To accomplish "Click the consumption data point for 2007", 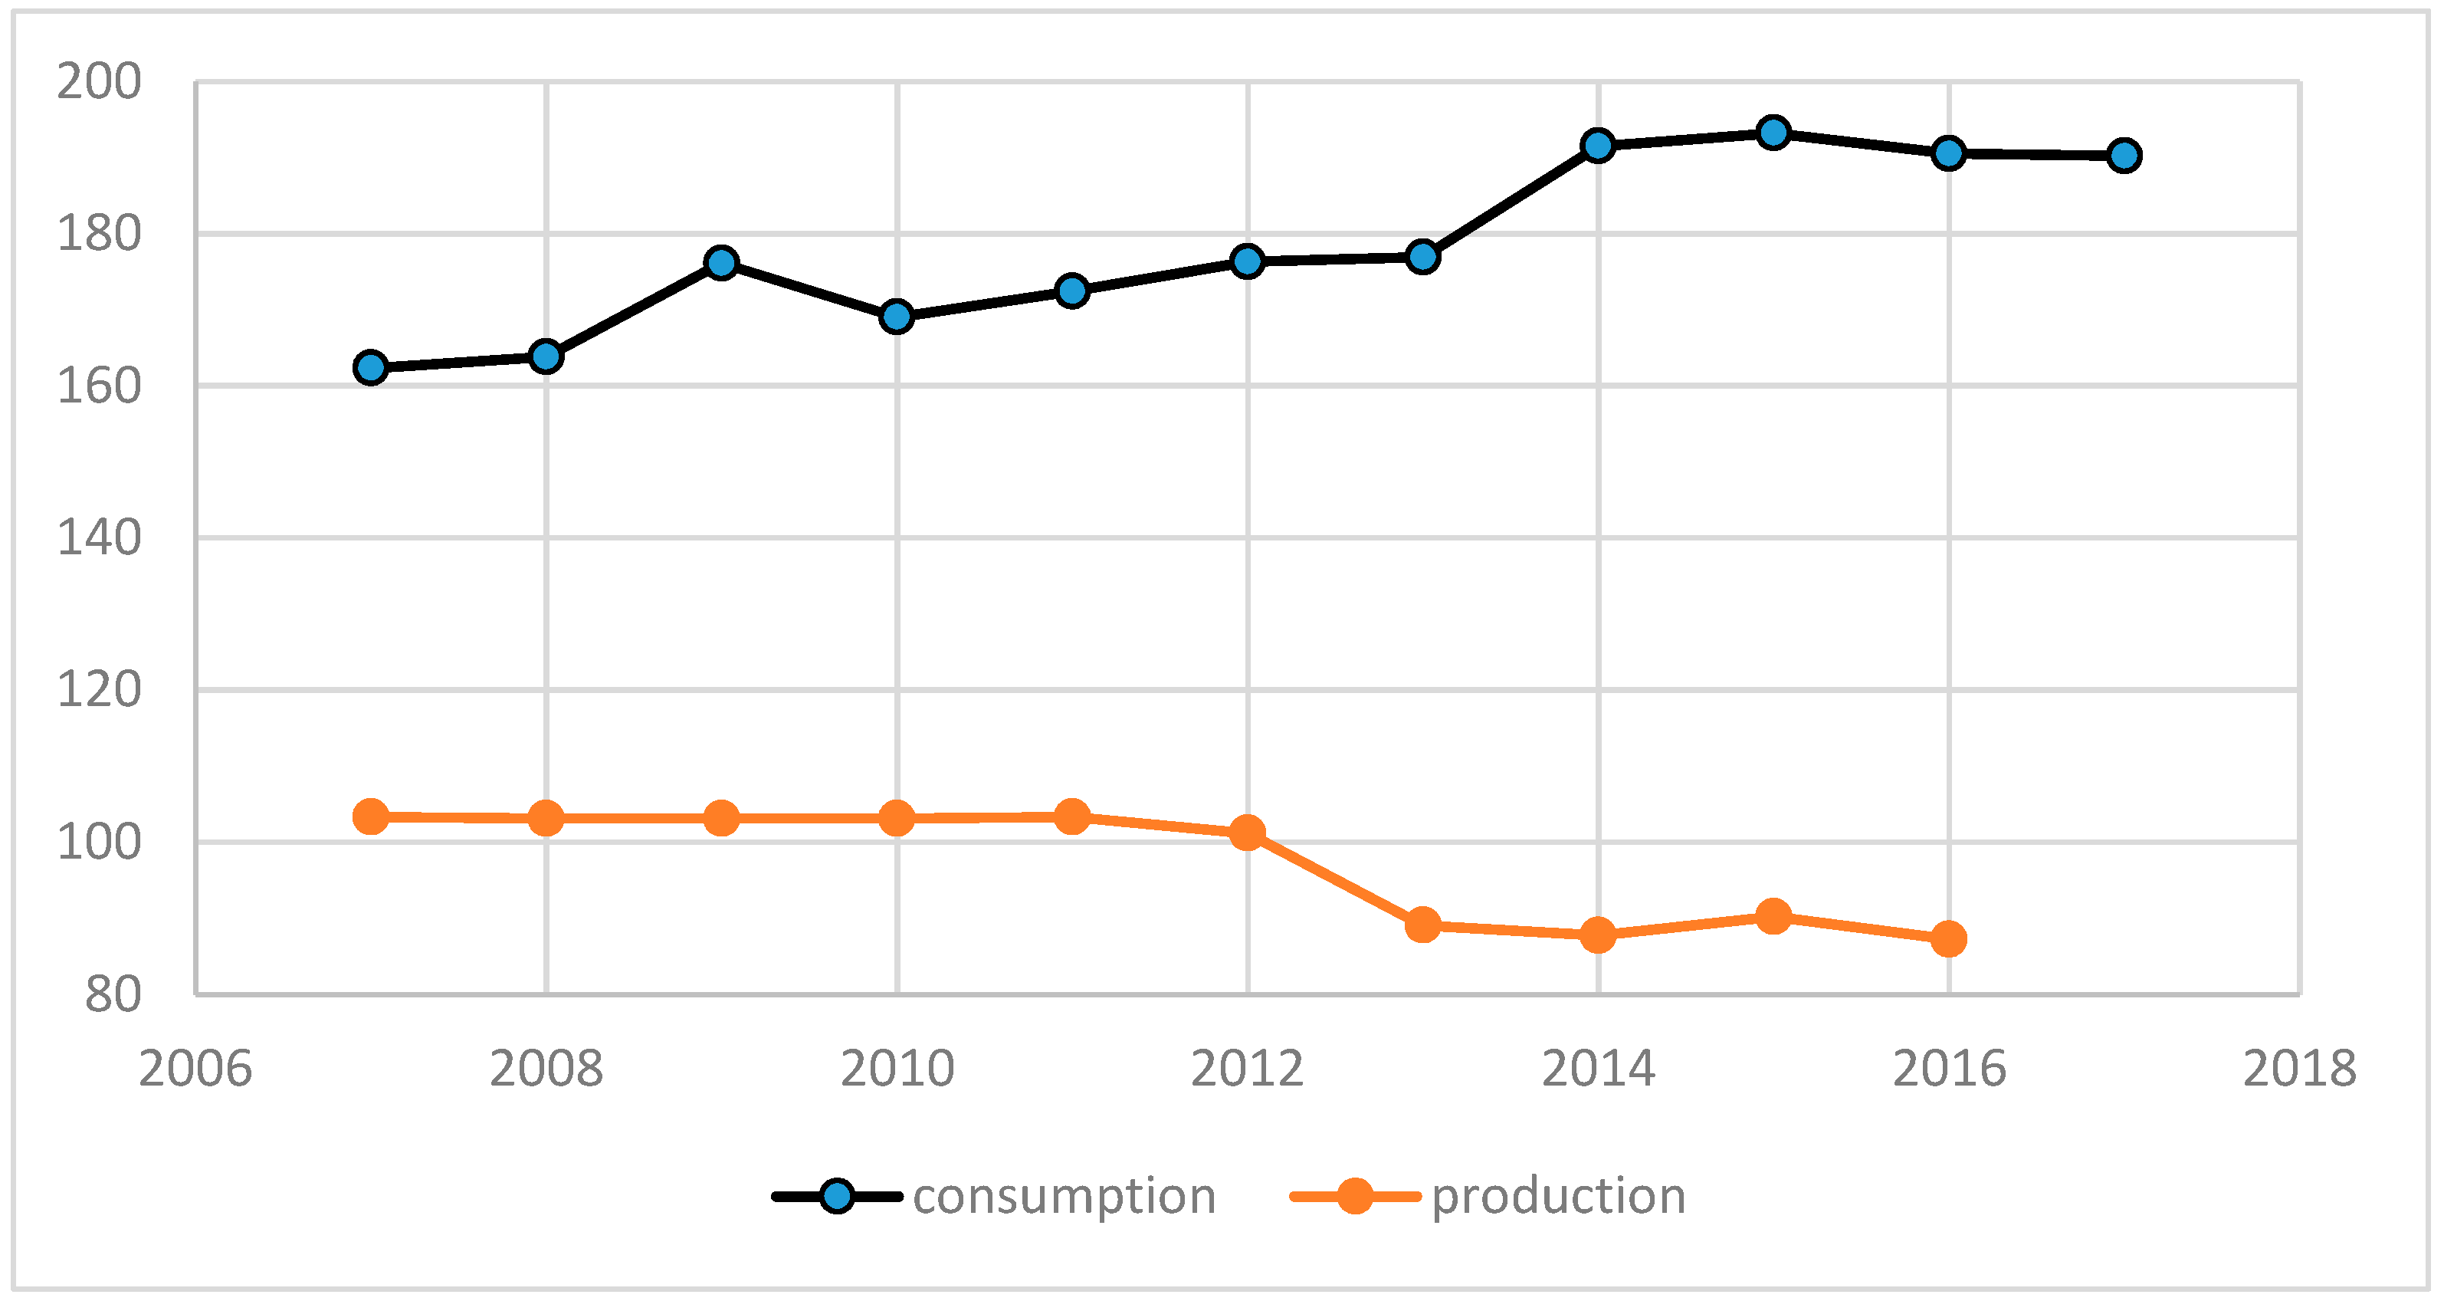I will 371,367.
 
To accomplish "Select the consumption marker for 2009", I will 722,262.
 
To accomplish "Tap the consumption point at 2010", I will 897,316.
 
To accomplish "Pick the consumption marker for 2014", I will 1599,145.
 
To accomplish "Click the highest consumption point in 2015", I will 1773,132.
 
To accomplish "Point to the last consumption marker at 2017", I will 2124,155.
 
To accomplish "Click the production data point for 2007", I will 371,816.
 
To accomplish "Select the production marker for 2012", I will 1248,833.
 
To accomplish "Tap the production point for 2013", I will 1423,925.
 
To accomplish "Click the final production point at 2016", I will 1949,939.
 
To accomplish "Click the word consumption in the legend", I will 1064,1197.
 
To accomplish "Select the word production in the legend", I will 1558,1197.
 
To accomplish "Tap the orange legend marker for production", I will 1355,1196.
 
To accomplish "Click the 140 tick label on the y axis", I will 99,538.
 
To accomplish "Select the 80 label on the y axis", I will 112,995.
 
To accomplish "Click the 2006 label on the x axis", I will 195,1069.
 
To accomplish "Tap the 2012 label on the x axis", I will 1248,1069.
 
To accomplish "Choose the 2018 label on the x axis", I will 2299,1069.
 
